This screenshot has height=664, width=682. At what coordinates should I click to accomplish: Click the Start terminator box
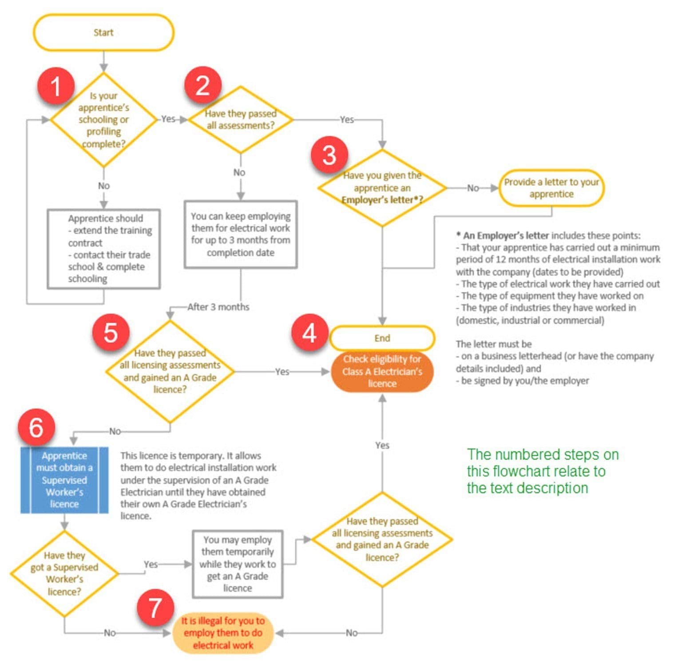coord(103,32)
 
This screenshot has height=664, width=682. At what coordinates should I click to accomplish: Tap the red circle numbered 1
coord(56,86)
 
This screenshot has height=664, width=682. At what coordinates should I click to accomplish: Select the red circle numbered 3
coord(329,155)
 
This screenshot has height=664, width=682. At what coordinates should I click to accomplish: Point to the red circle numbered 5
coord(111,332)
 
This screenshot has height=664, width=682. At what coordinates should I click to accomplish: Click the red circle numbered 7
coord(155,608)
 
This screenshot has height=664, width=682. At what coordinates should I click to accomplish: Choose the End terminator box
coord(382,338)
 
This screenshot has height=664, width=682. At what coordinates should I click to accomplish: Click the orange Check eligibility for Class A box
coord(382,372)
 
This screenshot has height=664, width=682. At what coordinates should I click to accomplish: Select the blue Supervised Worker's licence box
coord(64,480)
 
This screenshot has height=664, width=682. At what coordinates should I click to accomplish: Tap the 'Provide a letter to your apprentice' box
coord(551,188)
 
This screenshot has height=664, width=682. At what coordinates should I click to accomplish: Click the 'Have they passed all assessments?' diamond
coord(241,119)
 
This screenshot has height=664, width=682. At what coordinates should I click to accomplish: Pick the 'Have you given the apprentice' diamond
coord(382,188)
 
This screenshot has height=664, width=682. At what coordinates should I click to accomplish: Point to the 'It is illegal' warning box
coord(223,633)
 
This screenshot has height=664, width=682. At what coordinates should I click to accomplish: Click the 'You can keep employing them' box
coord(241,234)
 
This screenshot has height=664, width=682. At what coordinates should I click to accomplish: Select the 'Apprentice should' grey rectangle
coord(104,249)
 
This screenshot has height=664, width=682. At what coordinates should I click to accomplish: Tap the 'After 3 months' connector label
coord(218,307)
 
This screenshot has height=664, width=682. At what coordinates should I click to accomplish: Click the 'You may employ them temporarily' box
coord(238,564)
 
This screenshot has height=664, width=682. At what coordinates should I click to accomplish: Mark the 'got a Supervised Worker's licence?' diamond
coord(64,573)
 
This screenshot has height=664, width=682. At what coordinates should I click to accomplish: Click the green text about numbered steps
coord(543,471)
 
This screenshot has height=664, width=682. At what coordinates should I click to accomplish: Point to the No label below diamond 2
coord(239,172)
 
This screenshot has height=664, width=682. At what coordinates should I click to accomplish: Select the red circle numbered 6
coord(36,427)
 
